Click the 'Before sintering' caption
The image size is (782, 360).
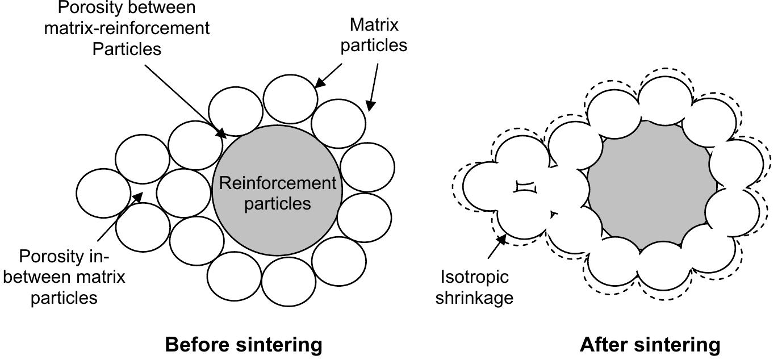(x=243, y=345)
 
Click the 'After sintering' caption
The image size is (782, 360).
(x=650, y=345)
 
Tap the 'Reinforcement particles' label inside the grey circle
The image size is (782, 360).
(x=277, y=193)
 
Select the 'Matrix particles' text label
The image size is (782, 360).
(x=374, y=35)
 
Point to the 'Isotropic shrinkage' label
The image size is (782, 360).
(x=474, y=287)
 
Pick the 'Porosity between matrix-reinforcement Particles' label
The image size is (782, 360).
(x=127, y=28)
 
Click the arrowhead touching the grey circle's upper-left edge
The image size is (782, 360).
(x=220, y=133)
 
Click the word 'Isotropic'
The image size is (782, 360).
(x=474, y=277)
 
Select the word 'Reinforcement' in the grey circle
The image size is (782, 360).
(x=277, y=183)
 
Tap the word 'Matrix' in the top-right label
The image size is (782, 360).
(x=374, y=25)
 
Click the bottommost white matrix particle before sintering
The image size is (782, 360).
(x=288, y=282)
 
